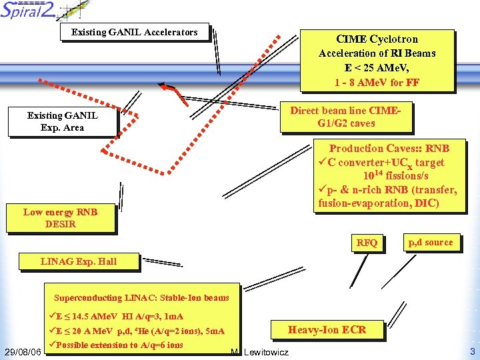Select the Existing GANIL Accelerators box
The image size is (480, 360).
(x=134, y=32)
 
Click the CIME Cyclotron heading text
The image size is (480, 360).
(x=377, y=39)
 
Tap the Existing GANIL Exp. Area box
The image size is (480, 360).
(x=62, y=121)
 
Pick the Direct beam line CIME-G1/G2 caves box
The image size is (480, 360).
(x=342, y=117)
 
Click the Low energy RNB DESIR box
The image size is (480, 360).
(x=60, y=218)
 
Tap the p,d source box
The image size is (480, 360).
(x=430, y=243)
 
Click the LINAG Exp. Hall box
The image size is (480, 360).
(x=79, y=261)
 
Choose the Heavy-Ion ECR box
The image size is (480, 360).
(x=326, y=329)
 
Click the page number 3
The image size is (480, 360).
(x=472, y=351)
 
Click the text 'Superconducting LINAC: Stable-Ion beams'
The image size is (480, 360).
(x=141, y=298)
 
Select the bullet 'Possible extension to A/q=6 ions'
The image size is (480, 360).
(x=120, y=345)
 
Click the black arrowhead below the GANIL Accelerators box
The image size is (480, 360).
(x=163, y=85)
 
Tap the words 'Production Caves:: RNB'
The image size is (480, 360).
(x=389, y=148)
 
